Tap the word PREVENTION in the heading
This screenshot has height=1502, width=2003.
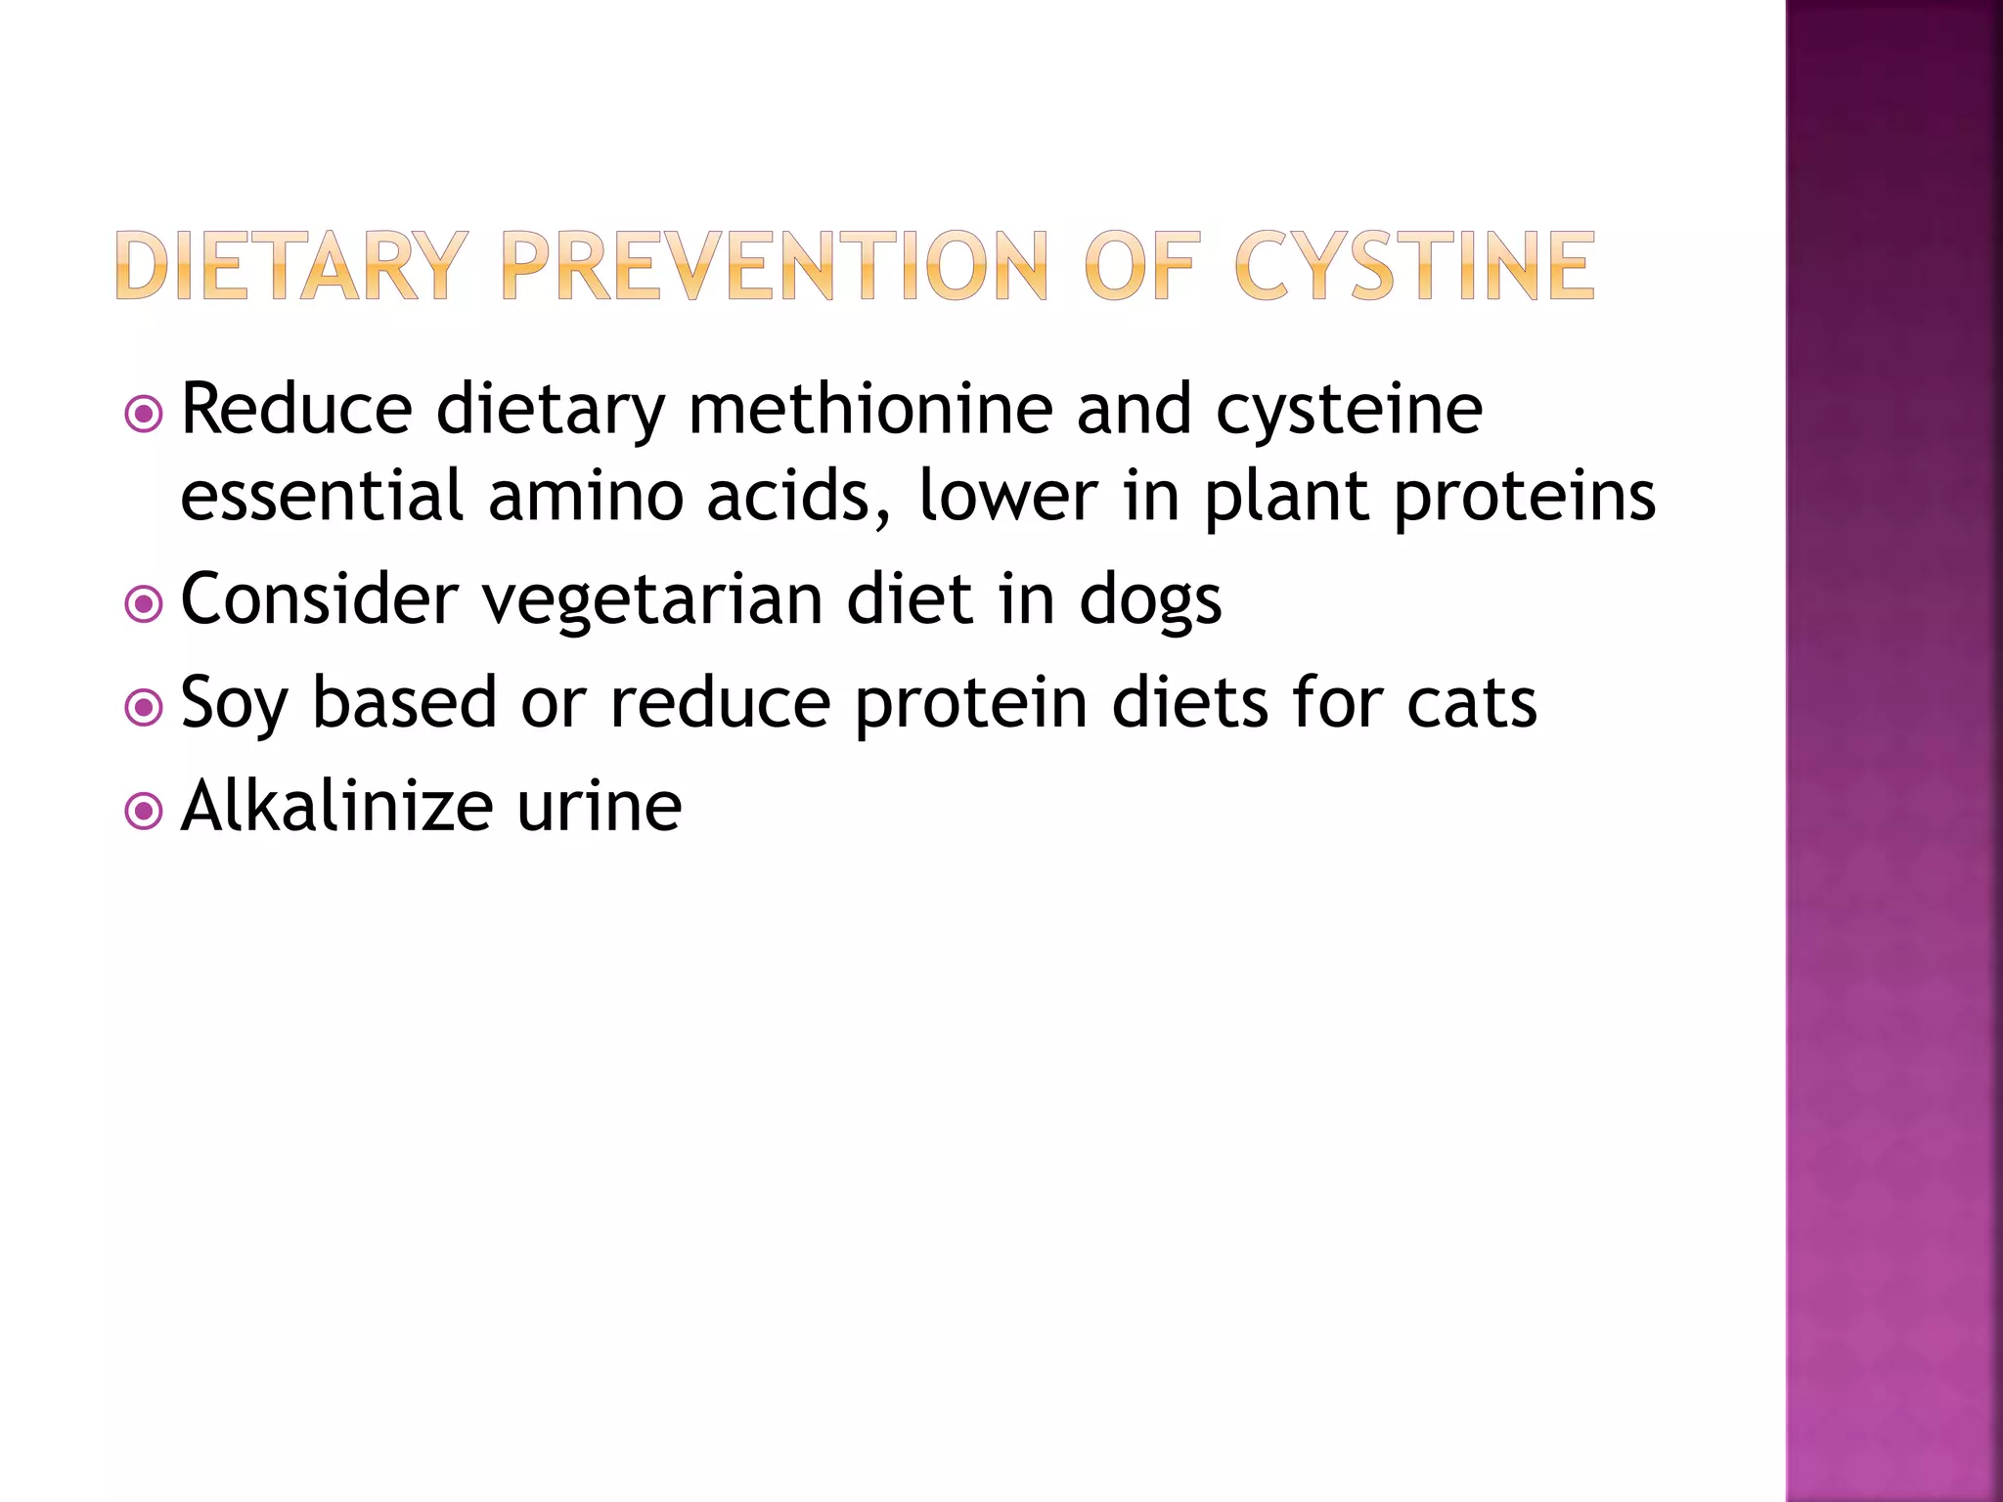click(x=774, y=266)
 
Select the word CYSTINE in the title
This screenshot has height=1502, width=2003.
click(x=1414, y=266)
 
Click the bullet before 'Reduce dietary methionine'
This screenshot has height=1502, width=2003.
click(x=144, y=415)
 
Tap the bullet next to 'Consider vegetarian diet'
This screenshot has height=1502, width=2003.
click(x=144, y=604)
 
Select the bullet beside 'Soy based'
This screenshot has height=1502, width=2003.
click(x=144, y=708)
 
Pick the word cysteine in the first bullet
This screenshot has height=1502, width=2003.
click(x=1350, y=411)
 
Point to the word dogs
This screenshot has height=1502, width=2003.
click(x=1150, y=600)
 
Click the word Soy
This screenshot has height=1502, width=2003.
click(x=234, y=704)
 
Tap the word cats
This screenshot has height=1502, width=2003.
click(x=1472, y=704)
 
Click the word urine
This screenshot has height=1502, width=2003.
click(x=600, y=808)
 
